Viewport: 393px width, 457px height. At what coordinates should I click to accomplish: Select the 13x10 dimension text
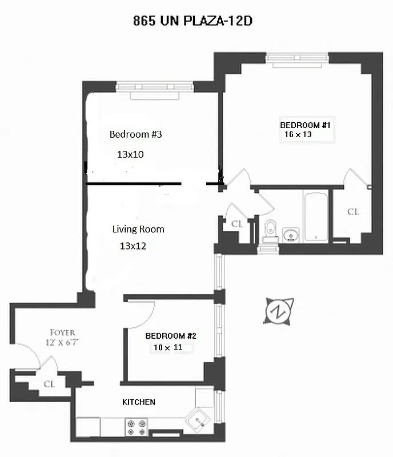pyautogui.click(x=130, y=154)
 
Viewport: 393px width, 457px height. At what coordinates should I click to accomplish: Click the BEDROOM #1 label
pyautogui.click(x=305, y=125)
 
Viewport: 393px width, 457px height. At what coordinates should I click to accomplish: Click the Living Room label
pyautogui.click(x=138, y=229)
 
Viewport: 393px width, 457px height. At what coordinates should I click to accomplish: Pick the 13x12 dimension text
pyautogui.click(x=133, y=246)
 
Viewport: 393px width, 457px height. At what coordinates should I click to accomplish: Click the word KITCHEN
pyautogui.click(x=139, y=402)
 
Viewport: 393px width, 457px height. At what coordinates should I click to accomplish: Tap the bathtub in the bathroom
pyautogui.click(x=315, y=218)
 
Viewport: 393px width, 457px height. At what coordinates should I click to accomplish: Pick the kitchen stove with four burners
pyautogui.click(x=136, y=428)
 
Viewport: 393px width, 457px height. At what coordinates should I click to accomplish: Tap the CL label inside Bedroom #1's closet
pyautogui.click(x=353, y=212)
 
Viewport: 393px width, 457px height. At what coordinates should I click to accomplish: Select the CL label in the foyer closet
pyautogui.click(x=50, y=384)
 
